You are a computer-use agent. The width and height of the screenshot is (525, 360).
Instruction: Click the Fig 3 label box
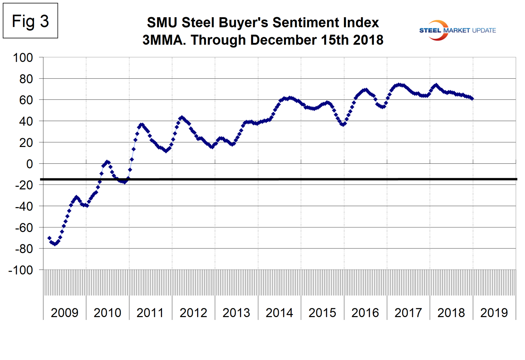[30, 21]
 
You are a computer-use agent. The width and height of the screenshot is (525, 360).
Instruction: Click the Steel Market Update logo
[457, 30]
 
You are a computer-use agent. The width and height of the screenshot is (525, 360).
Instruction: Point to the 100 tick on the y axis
[23, 58]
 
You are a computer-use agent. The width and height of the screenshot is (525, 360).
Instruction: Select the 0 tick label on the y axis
[30, 164]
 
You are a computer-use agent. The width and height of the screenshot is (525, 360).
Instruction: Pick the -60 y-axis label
[24, 228]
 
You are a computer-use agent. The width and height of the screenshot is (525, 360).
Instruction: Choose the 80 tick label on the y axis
[26, 79]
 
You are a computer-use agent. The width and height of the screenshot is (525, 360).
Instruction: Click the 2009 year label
[64, 313]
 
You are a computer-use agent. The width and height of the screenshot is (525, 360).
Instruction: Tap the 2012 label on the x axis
[193, 313]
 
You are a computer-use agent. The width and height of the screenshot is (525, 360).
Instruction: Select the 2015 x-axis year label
[322, 313]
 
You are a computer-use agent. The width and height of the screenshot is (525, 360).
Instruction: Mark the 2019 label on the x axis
[494, 313]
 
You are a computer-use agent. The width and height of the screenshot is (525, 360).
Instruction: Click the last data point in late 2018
[472, 99]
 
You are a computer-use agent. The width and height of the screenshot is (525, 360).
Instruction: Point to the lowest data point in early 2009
[55, 244]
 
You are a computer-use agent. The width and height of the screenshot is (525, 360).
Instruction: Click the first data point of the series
[49, 238]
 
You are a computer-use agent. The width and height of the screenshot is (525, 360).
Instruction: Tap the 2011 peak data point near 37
[141, 124]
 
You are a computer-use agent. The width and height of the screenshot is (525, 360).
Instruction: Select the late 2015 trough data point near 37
[343, 124]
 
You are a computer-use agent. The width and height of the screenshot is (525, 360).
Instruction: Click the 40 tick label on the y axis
[26, 121]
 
